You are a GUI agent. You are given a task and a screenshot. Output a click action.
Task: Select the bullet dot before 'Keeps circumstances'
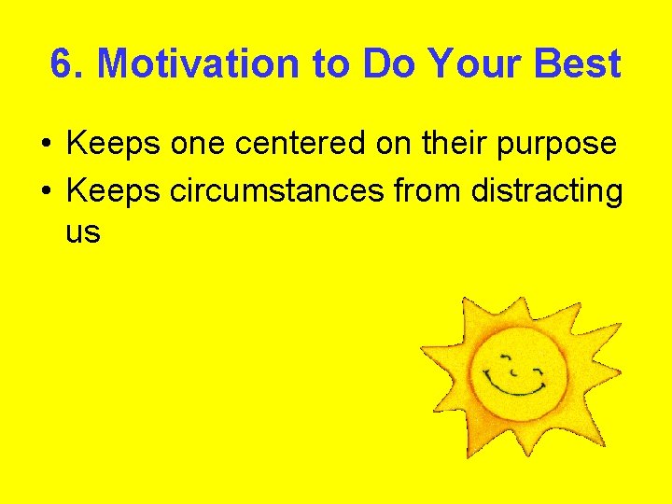coord(45,191)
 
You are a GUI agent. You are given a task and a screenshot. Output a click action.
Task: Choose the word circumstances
coord(277,190)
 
